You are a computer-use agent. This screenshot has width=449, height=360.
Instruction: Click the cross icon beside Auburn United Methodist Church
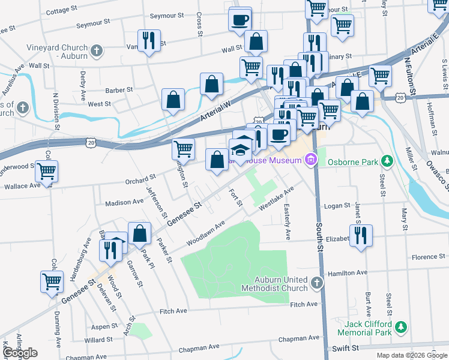tap(317, 281)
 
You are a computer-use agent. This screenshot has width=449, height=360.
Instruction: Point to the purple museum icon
tap(310, 160)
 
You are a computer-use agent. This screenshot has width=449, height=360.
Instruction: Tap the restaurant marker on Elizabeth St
tap(360, 235)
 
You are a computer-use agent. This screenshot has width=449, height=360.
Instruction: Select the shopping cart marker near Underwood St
tap(46, 171)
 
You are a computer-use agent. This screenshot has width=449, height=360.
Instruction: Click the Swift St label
tap(346, 348)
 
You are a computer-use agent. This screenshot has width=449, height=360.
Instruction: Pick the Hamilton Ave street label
tap(347, 272)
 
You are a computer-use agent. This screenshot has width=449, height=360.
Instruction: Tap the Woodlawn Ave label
tap(205, 233)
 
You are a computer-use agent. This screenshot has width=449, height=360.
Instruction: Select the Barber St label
tap(119, 90)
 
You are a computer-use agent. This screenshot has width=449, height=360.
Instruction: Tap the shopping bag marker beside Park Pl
tap(139, 234)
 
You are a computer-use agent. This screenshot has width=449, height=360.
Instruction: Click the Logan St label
tap(337, 206)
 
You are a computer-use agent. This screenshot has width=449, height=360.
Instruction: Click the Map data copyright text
tap(411, 355)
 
